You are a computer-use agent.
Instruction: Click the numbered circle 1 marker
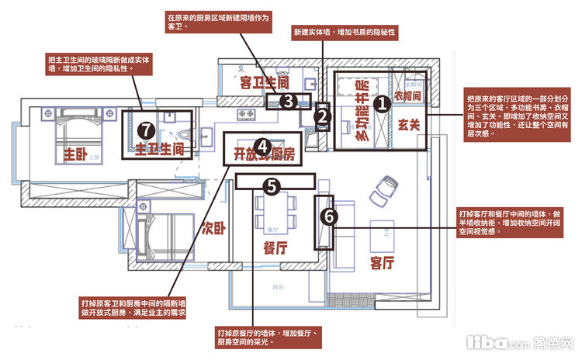tap(381, 102)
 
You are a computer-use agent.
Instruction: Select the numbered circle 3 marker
tap(287, 100)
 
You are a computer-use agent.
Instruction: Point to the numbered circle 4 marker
tap(263, 146)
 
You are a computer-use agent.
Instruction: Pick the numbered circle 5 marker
tap(271, 186)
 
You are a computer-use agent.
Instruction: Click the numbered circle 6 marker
tap(328, 217)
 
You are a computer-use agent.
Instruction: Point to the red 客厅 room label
tap(386, 262)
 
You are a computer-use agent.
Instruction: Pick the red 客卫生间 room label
tap(265, 81)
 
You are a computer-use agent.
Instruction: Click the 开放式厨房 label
tap(265, 153)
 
